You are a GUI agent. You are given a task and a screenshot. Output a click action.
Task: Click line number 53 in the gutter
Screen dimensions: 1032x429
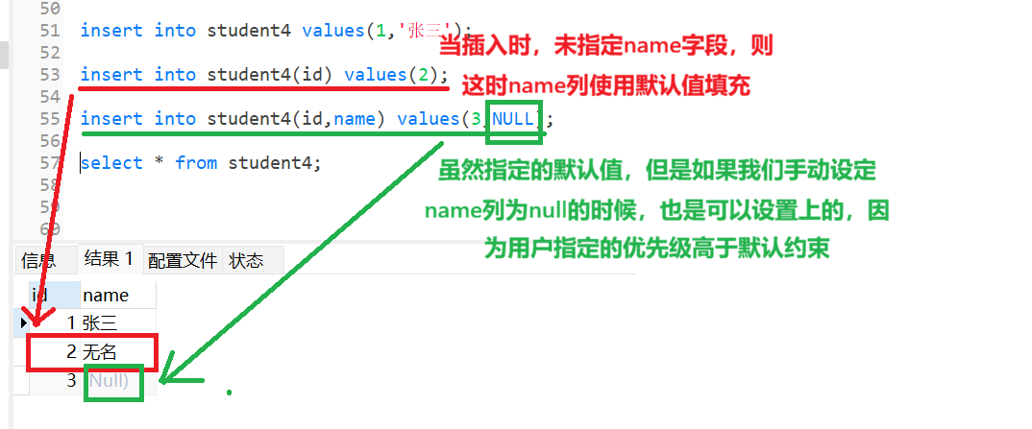50,74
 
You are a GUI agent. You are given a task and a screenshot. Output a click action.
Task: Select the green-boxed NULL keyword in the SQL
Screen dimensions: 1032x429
513,119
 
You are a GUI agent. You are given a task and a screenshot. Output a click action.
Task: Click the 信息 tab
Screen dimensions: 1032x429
38,260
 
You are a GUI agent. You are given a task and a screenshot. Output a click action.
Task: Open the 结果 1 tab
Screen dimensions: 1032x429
109,258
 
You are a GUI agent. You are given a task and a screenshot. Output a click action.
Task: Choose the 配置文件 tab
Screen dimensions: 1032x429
182,260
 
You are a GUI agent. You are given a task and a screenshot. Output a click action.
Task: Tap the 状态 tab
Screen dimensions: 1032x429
246,260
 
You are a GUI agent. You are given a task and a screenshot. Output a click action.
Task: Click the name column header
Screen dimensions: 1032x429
106,295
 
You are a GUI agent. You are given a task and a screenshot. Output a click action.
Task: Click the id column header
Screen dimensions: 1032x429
40,295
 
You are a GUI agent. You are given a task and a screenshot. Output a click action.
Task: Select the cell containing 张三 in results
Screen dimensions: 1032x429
100,323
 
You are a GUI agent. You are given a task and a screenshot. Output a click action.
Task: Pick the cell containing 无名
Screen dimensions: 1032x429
100,352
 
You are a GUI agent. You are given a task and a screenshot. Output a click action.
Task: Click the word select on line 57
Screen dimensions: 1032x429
111,163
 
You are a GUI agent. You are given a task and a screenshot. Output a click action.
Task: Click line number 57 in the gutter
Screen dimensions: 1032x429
50,163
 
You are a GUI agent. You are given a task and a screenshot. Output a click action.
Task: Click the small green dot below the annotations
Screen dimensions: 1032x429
229,393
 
